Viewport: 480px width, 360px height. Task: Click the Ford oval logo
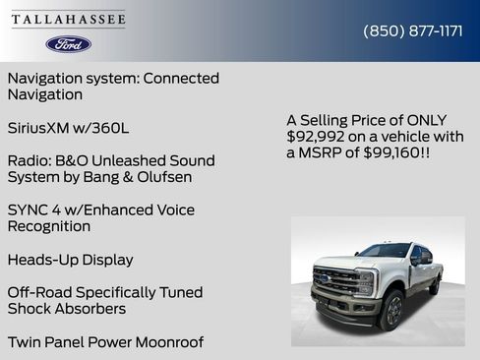68,44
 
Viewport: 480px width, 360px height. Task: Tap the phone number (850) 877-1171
413,30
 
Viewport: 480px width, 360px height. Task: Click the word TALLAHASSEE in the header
68,19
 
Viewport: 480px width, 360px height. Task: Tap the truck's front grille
337,282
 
